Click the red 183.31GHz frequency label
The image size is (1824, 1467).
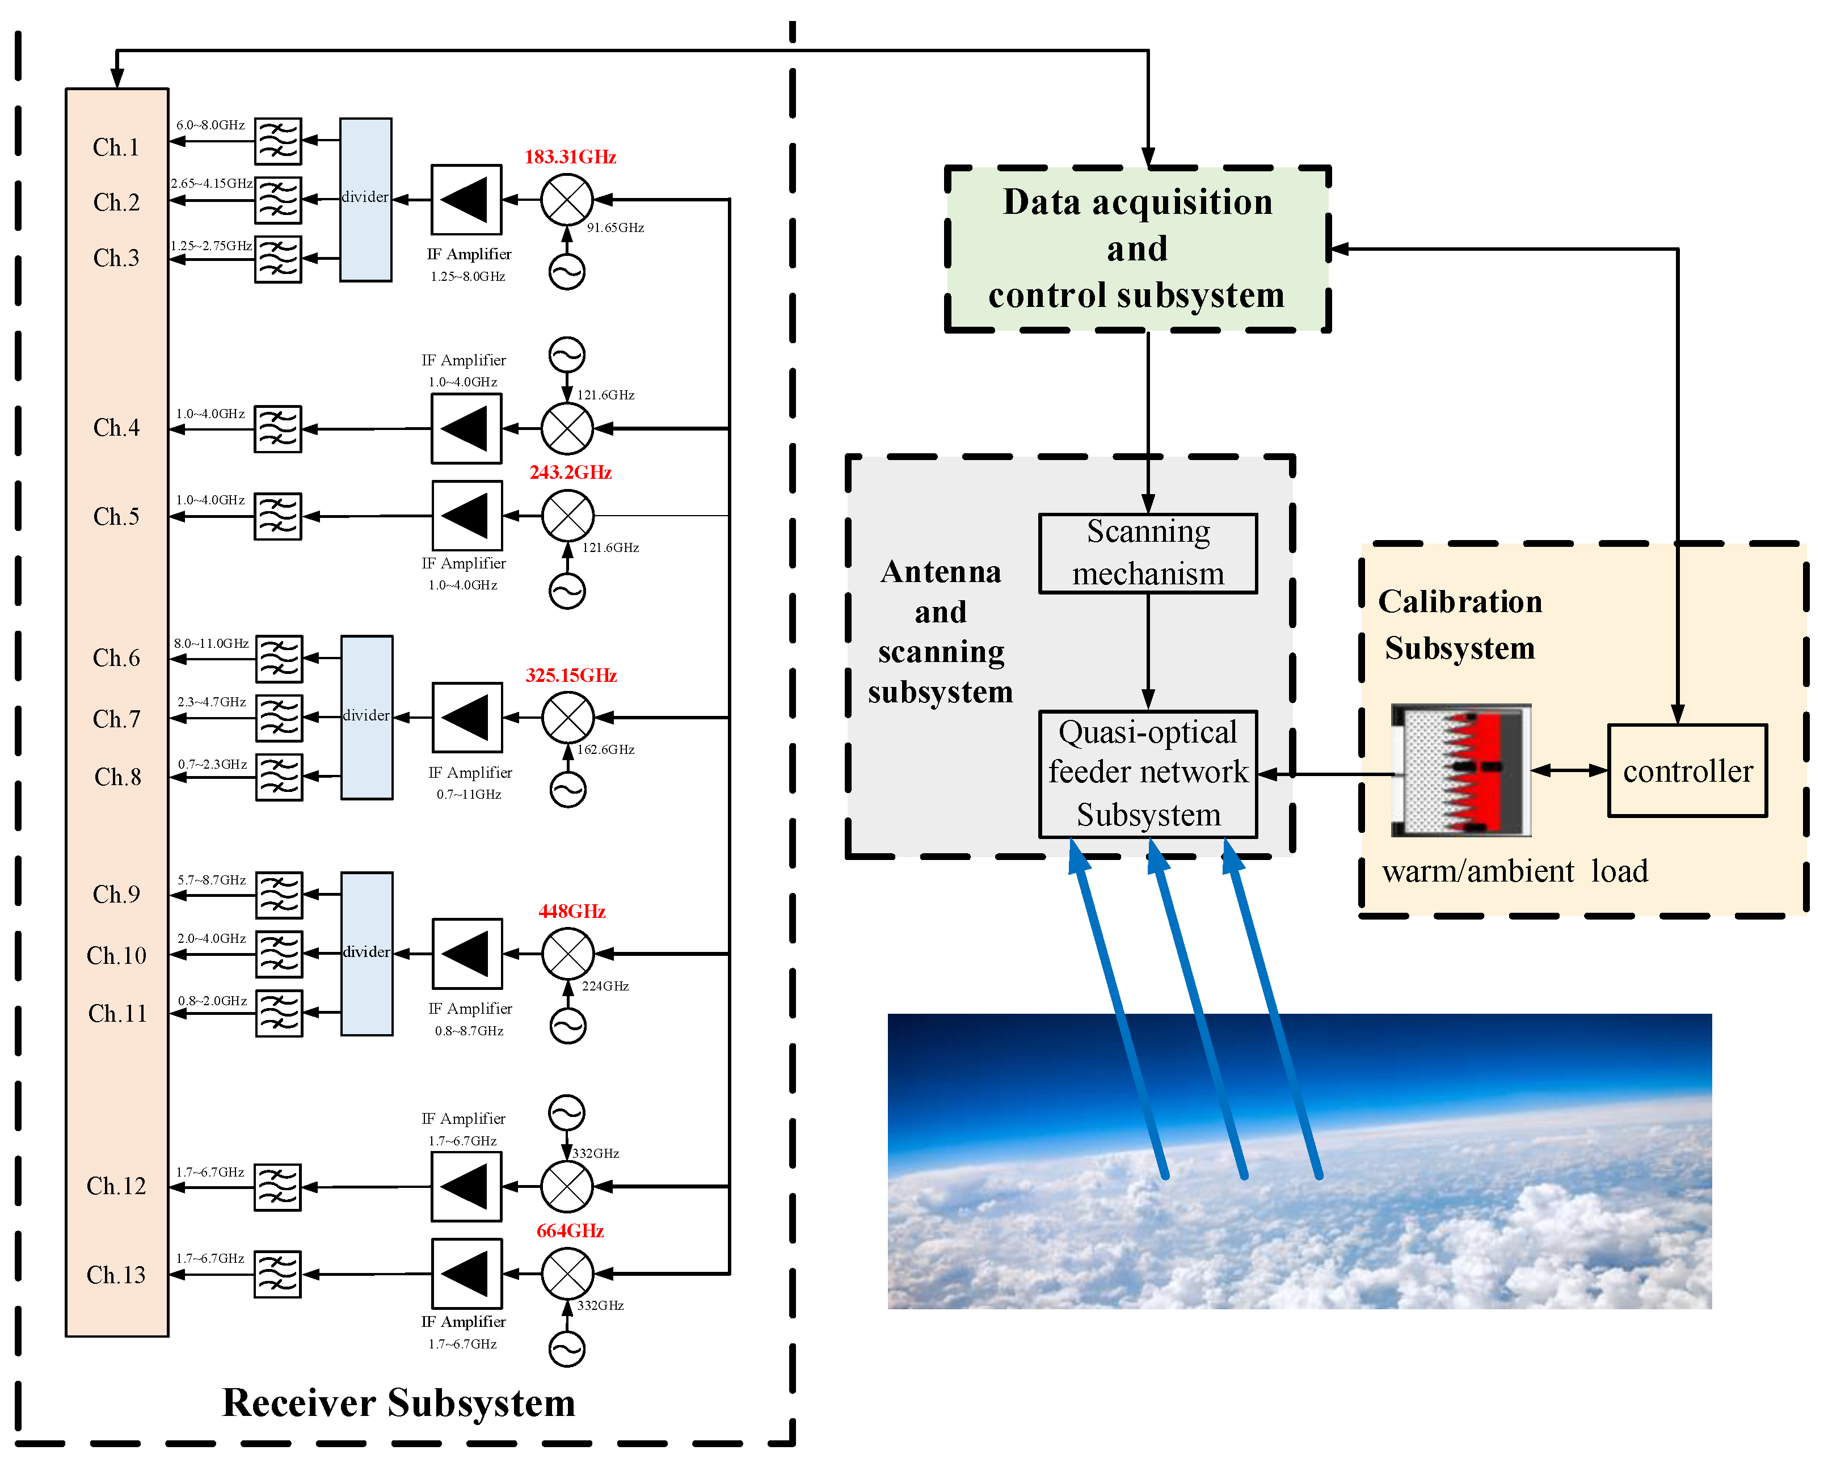click(x=570, y=157)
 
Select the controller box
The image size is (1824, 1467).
click(x=1686, y=771)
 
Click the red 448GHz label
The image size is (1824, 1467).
click(x=572, y=911)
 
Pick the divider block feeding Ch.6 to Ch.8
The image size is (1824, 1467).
click(x=367, y=716)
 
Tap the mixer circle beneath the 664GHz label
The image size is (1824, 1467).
click(x=567, y=1272)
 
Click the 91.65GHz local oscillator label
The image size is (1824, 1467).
click(x=615, y=227)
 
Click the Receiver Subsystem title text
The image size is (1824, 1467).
click(x=398, y=1403)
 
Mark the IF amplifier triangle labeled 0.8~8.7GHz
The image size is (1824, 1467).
click(x=467, y=954)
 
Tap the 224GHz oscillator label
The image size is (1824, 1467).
click(x=605, y=985)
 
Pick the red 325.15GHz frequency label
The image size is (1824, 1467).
click(x=571, y=675)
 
